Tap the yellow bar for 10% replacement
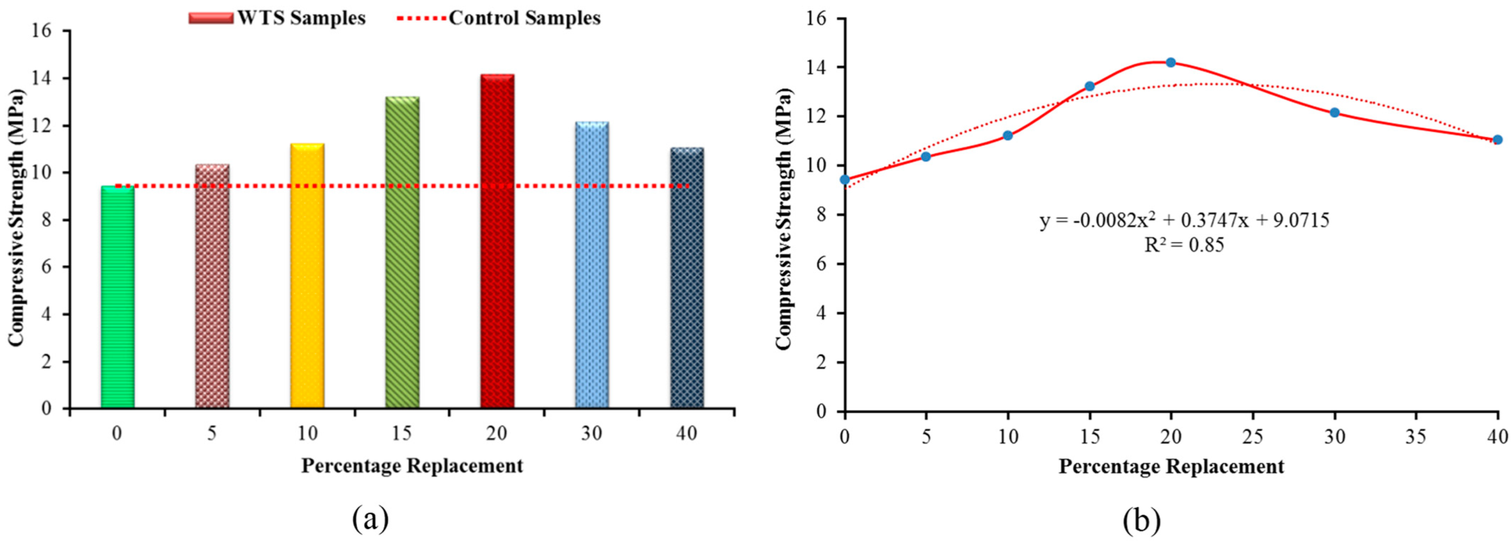(307, 275)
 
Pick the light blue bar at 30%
(592, 265)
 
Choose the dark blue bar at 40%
(687, 278)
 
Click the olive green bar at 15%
(402, 252)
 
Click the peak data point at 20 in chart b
(1171, 62)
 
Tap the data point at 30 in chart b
(1334, 113)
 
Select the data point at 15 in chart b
(1090, 86)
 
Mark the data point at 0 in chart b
(845, 180)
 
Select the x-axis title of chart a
(412, 466)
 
